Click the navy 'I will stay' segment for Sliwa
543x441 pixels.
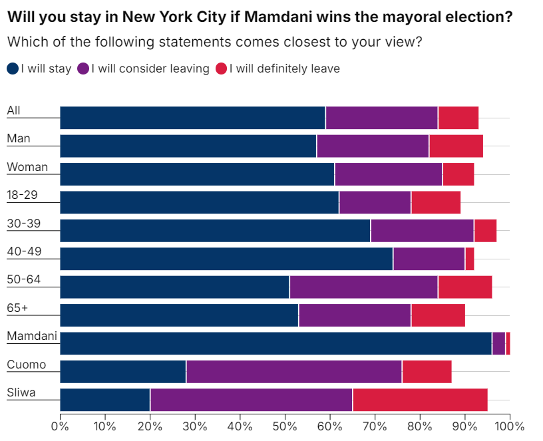(105, 400)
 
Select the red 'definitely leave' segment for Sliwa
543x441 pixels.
(420, 400)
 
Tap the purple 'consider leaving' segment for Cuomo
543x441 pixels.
(294, 372)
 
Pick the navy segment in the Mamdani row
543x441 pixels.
(275, 343)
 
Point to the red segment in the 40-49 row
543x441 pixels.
(470, 259)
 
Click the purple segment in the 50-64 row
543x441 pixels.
(363, 287)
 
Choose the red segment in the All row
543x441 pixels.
(458, 118)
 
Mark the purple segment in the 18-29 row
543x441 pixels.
(375, 202)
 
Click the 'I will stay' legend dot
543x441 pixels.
(13, 69)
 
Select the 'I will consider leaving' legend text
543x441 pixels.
(150, 69)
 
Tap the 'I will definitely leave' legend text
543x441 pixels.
(284, 69)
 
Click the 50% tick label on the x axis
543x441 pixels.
(285, 426)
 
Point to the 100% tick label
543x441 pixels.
(509, 426)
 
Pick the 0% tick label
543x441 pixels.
(60, 426)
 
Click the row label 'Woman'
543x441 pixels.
(27, 167)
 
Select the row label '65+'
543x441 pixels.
(18, 308)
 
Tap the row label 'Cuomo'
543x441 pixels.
(27, 365)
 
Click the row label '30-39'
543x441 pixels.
(24, 223)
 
